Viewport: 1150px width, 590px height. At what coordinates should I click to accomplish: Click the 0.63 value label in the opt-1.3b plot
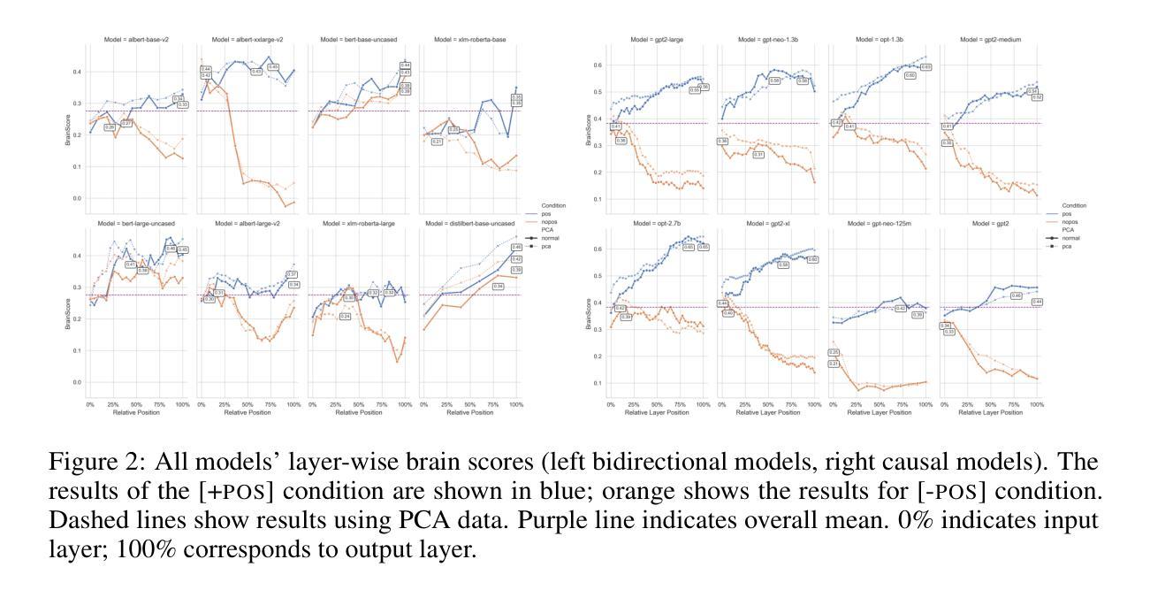(x=925, y=67)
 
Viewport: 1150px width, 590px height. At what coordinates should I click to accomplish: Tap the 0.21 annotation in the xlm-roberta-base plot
(x=437, y=142)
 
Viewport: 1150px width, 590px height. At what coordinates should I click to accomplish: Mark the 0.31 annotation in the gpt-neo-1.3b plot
(x=758, y=154)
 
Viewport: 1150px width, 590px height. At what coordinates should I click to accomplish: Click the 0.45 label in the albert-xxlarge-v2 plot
(x=273, y=66)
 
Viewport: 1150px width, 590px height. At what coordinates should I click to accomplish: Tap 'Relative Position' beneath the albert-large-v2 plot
(x=248, y=411)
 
